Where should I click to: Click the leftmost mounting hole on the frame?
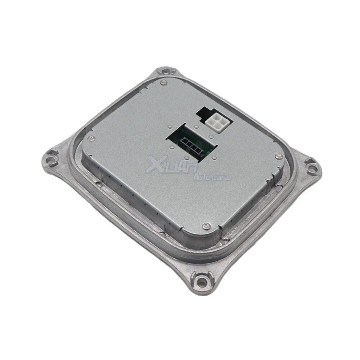(49, 159)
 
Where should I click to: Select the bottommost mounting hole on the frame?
(202, 283)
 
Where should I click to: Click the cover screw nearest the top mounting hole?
(163, 82)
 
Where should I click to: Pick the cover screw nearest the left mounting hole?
(91, 138)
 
